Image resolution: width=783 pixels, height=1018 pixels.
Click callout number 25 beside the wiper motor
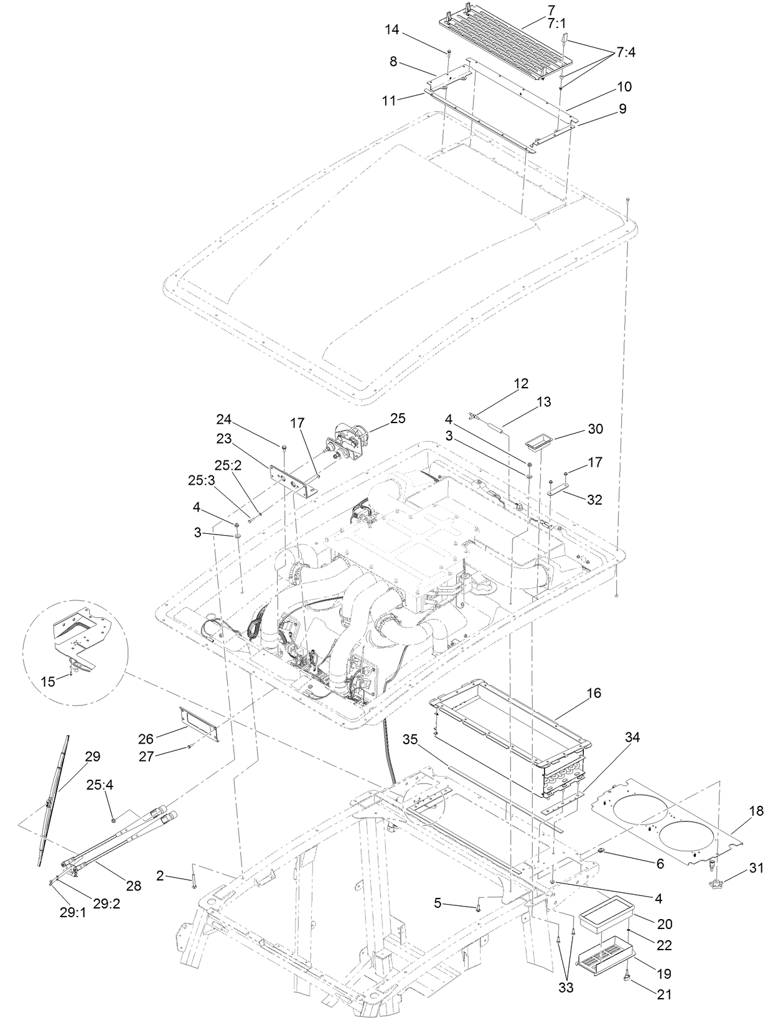(x=397, y=419)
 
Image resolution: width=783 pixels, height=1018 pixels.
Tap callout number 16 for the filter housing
(x=594, y=693)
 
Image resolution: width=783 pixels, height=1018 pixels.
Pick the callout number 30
(x=595, y=429)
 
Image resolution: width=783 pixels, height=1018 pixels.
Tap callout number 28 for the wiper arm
(x=133, y=886)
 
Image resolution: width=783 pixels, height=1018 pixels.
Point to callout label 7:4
(x=626, y=54)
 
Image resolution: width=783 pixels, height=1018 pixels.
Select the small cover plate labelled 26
(x=199, y=724)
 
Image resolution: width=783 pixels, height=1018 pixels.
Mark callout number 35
(x=410, y=740)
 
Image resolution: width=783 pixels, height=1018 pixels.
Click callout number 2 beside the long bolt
(x=161, y=876)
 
